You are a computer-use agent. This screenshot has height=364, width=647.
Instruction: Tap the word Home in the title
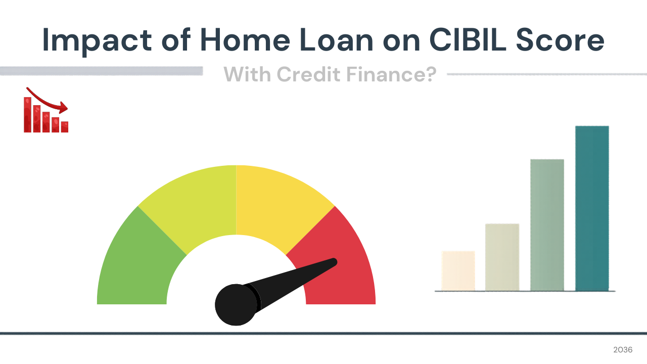245,40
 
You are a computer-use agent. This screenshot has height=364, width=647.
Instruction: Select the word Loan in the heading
337,40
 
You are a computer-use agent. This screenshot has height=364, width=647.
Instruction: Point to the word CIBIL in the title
468,40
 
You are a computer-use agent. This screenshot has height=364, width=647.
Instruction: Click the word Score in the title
560,40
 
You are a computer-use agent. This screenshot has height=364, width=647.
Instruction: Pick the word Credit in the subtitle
308,74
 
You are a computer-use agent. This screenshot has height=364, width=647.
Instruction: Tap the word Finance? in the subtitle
391,74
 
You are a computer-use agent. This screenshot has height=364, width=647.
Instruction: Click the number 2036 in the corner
623,350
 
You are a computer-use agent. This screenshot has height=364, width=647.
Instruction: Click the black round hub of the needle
236,305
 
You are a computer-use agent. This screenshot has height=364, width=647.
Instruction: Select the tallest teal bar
592,208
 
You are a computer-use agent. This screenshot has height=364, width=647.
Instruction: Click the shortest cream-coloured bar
458,271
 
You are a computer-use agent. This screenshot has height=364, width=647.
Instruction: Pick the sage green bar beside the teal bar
547,225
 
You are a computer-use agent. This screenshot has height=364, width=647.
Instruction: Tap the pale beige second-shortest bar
502,257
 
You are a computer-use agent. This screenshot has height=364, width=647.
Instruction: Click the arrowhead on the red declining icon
64,108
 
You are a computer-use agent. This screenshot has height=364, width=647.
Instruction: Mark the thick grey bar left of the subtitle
102,71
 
